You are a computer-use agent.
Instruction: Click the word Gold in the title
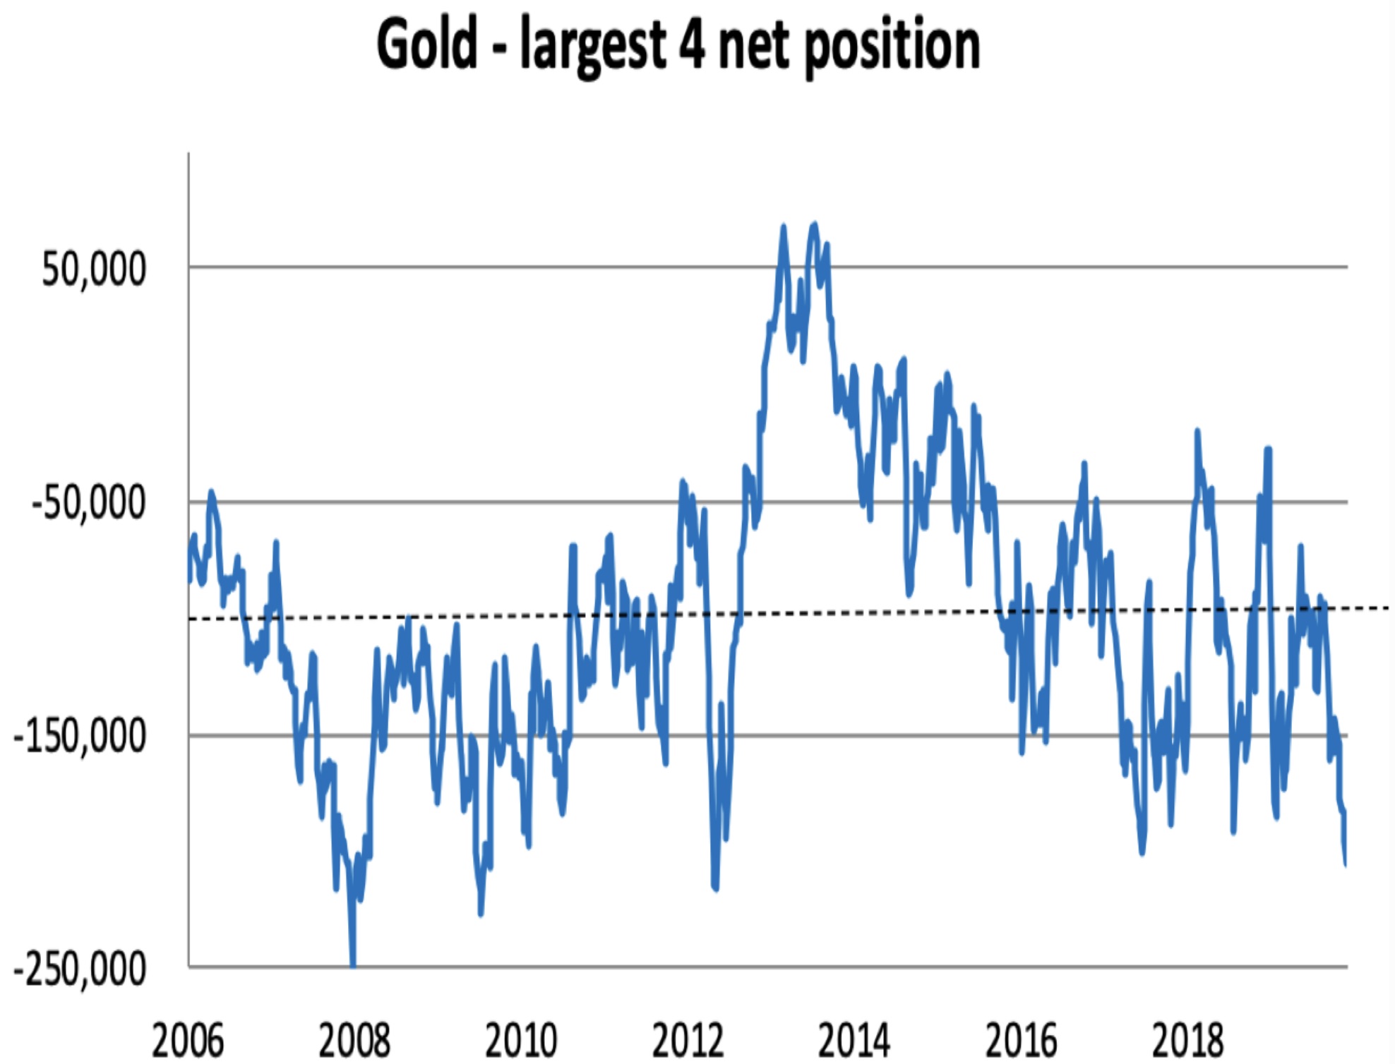(426, 45)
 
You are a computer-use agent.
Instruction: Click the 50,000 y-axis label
(94, 269)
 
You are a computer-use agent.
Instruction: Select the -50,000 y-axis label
(88, 504)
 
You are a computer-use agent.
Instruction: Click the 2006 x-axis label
(188, 1041)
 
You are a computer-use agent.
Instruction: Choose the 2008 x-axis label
(354, 1041)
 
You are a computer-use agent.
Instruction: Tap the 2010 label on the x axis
(521, 1041)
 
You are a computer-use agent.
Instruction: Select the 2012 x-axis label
(688, 1041)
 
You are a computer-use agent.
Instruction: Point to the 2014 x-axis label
(854, 1041)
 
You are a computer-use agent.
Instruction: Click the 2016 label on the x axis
(1021, 1041)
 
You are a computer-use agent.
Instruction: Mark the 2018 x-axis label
(1187, 1041)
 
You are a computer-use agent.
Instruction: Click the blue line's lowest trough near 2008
(353, 964)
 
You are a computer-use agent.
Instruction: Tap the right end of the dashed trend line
(1388, 607)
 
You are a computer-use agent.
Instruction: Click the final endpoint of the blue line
(1346, 864)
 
